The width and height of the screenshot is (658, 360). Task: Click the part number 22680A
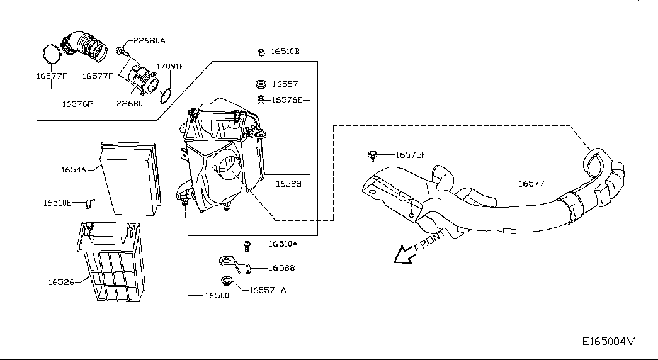pyautogui.click(x=149, y=41)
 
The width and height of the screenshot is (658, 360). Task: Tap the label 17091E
pyautogui.click(x=171, y=66)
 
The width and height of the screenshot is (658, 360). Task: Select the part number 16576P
pyautogui.click(x=77, y=104)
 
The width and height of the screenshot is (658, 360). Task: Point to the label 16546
pyautogui.click(x=74, y=169)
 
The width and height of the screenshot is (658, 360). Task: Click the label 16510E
pyautogui.click(x=57, y=203)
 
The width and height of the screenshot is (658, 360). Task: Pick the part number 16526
pyautogui.click(x=61, y=283)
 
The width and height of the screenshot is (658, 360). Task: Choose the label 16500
pyautogui.click(x=217, y=295)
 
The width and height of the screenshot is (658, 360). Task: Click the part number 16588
pyautogui.click(x=281, y=267)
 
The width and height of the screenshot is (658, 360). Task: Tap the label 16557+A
pyautogui.click(x=268, y=290)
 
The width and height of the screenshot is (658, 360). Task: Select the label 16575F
pyautogui.click(x=411, y=155)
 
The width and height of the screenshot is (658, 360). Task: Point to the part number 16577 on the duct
pyautogui.click(x=531, y=183)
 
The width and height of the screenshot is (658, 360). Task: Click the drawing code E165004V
pyautogui.click(x=608, y=341)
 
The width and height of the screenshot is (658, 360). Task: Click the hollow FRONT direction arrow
pyautogui.click(x=404, y=255)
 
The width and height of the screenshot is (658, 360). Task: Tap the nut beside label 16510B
pyautogui.click(x=261, y=52)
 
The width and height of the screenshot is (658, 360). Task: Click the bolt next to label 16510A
pyautogui.click(x=247, y=246)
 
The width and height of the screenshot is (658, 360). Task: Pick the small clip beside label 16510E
pyautogui.click(x=90, y=203)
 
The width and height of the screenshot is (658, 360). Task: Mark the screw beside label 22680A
pyautogui.click(x=122, y=51)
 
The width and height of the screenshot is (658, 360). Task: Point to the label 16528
pyautogui.click(x=289, y=184)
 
